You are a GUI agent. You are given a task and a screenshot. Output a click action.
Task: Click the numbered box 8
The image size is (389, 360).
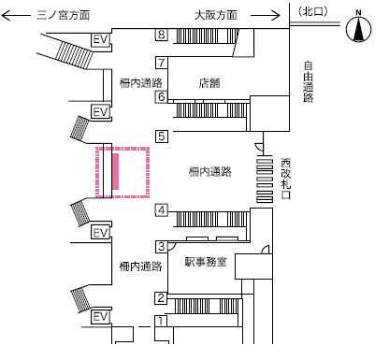(x=162, y=35)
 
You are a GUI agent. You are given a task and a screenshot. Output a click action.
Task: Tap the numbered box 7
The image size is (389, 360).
(x=162, y=63)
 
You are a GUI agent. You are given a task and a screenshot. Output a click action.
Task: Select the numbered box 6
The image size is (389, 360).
(x=162, y=96)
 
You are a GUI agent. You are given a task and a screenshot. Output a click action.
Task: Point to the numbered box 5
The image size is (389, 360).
(x=162, y=137)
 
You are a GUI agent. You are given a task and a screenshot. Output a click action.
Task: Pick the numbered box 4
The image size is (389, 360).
(x=162, y=210)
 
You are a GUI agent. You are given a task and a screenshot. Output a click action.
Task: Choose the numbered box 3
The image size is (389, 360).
(x=162, y=247)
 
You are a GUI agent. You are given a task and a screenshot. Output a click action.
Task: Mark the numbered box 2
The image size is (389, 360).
(x=161, y=298)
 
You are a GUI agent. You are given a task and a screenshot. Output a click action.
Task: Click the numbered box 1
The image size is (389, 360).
(x=161, y=321)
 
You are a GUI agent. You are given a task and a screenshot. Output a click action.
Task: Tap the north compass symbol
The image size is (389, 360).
(x=359, y=27)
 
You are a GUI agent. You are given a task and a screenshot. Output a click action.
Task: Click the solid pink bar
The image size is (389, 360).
(x=115, y=171)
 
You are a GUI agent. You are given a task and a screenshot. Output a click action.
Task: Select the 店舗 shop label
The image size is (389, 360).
(x=209, y=83)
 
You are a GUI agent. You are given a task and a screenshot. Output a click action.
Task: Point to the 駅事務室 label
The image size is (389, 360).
(x=206, y=262)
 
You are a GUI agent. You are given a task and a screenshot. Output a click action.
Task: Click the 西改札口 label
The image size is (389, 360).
(x=285, y=179)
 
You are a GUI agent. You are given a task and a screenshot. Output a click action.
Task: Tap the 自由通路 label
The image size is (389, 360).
(x=308, y=82)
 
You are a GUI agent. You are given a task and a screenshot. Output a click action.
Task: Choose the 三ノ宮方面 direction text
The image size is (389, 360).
(x=63, y=15)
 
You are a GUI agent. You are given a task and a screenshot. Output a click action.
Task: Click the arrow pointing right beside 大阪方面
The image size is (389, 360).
(x=265, y=15)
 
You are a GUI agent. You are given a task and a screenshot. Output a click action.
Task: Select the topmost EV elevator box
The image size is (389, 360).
(x=100, y=40)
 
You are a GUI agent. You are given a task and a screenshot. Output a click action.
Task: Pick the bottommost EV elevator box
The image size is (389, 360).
(x=100, y=317)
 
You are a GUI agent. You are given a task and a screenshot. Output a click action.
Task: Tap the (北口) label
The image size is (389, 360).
(x=312, y=11)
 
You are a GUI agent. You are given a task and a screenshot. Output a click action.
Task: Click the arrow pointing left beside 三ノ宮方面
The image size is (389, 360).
(x=16, y=15)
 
